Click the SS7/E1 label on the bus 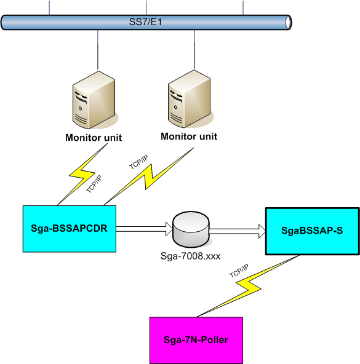tap(145, 22)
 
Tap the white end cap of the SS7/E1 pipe tap(288, 23)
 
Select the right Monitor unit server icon tap(190, 98)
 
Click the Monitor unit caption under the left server tap(94, 138)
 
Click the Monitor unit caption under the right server tap(189, 136)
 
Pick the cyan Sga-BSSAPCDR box tap(70, 229)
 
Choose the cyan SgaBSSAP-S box tap(313, 231)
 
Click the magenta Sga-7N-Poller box tap(196, 340)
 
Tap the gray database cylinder tap(191, 229)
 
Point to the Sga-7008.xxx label tap(190, 256)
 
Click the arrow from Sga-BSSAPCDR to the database tap(145, 229)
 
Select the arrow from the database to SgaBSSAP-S tap(238, 231)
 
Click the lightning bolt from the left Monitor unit tap(82, 175)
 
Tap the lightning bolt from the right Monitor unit tap(149, 177)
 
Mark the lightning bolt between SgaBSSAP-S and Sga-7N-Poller tap(248, 287)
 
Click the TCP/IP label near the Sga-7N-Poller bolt tap(239, 271)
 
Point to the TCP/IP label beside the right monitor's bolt tap(138, 162)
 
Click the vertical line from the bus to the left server tap(98, 50)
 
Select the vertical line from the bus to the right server tap(194, 49)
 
